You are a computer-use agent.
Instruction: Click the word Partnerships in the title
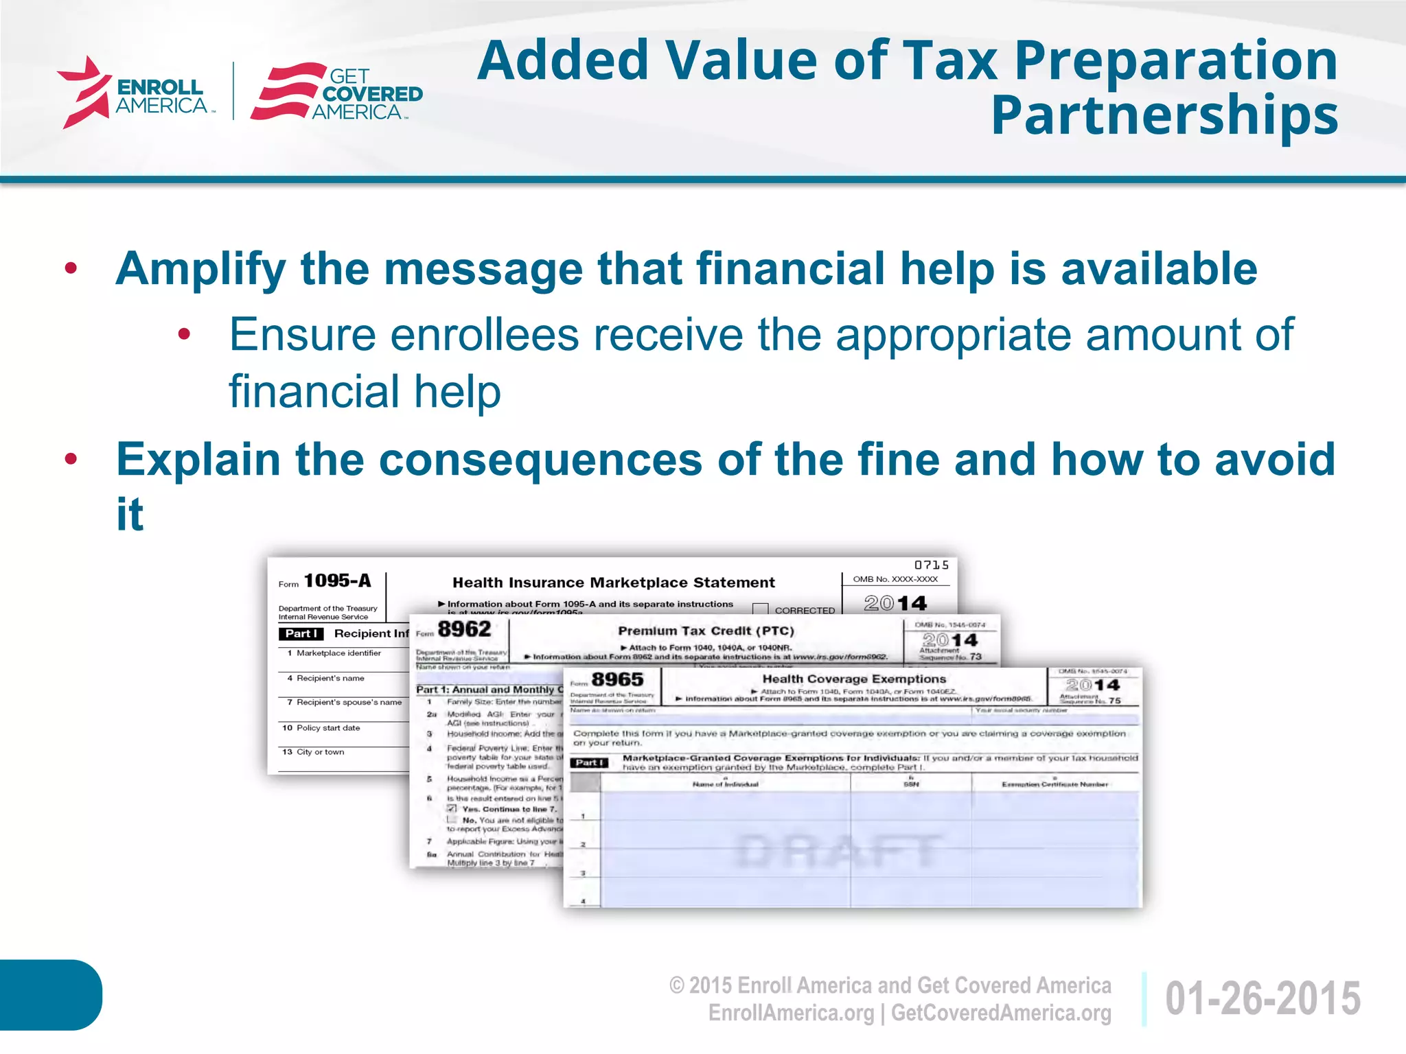click(x=1164, y=115)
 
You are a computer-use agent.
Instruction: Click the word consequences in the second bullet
click(x=540, y=459)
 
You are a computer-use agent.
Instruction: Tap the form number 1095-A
click(x=337, y=581)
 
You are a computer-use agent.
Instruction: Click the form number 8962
click(x=464, y=629)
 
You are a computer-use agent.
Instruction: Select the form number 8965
click(x=617, y=679)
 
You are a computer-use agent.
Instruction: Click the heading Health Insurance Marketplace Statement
click(x=613, y=583)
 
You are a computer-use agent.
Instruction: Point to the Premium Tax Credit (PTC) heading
click(x=706, y=631)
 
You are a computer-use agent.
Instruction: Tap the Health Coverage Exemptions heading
click(x=854, y=679)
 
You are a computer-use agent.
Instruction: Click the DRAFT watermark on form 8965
click(x=838, y=851)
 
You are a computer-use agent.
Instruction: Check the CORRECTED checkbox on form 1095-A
click(x=760, y=609)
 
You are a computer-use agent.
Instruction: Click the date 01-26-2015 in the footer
click(x=1263, y=998)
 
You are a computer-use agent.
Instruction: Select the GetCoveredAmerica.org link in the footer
click(x=1001, y=1013)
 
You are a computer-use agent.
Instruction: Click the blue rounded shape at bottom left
click(x=49, y=994)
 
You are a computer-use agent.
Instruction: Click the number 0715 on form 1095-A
click(x=931, y=565)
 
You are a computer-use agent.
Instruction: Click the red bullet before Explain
click(x=71, y=459)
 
